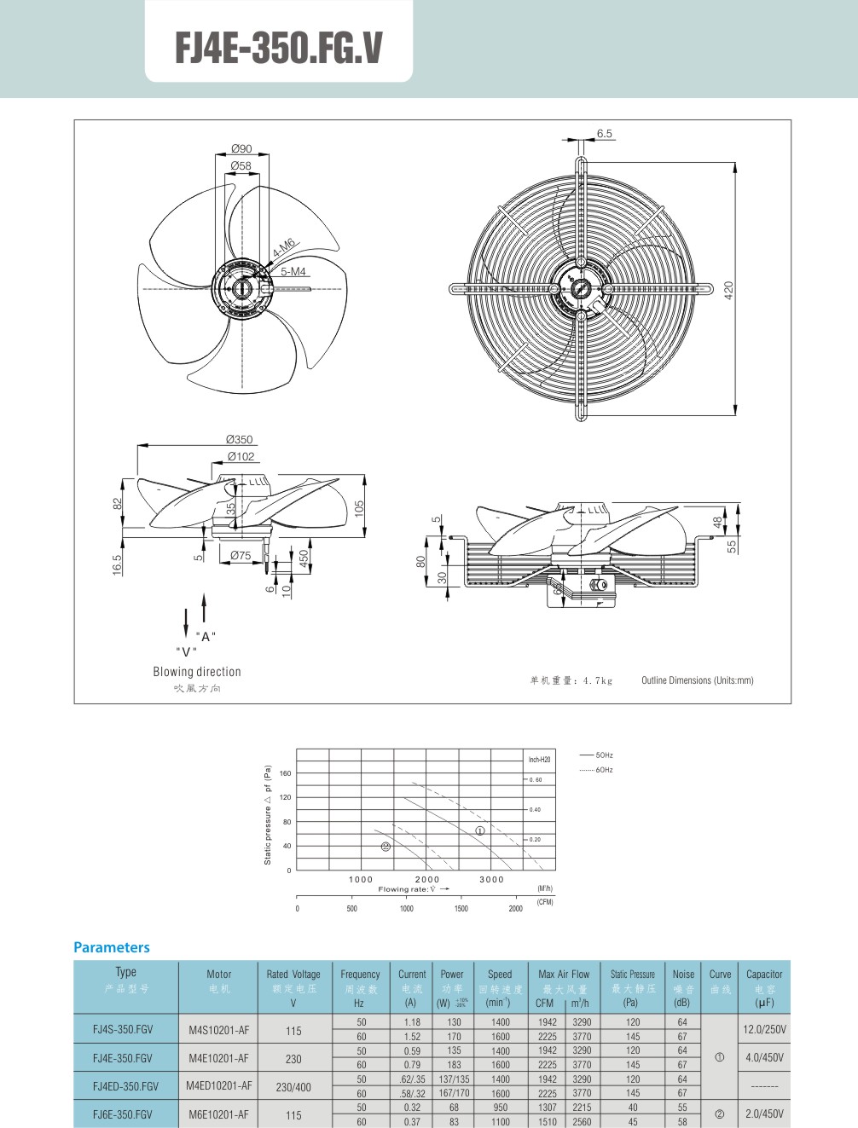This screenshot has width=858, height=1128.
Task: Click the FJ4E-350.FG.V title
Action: (279, 48)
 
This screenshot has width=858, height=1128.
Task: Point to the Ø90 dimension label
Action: (241, 148)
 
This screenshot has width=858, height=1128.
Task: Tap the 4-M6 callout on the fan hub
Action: (284, 248)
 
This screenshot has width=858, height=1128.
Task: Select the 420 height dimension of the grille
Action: (728, 289)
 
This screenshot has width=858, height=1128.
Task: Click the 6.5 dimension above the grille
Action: (604, 134)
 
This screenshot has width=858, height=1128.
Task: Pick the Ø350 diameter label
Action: (239, 440)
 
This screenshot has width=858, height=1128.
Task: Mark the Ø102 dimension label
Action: (241, 456)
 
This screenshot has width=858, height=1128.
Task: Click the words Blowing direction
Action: (197, 672)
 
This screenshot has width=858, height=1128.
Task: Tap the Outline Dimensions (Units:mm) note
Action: (697, 680)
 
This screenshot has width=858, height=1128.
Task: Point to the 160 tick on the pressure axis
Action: (285, 773)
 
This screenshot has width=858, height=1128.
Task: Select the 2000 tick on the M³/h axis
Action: (426, 879)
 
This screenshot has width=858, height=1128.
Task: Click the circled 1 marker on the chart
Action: (480, 830)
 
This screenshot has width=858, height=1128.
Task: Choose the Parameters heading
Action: (112, 947)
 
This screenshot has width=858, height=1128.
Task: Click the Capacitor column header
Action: (763, 975)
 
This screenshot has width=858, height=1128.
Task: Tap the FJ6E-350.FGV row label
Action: (123, 1114)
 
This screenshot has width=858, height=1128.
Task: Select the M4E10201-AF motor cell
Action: (218, 1058)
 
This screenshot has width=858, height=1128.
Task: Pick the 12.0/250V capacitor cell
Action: (764, 1029)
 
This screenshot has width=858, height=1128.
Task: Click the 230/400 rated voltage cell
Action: (293, 1087)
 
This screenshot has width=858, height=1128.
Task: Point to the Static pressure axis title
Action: (268, 814)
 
